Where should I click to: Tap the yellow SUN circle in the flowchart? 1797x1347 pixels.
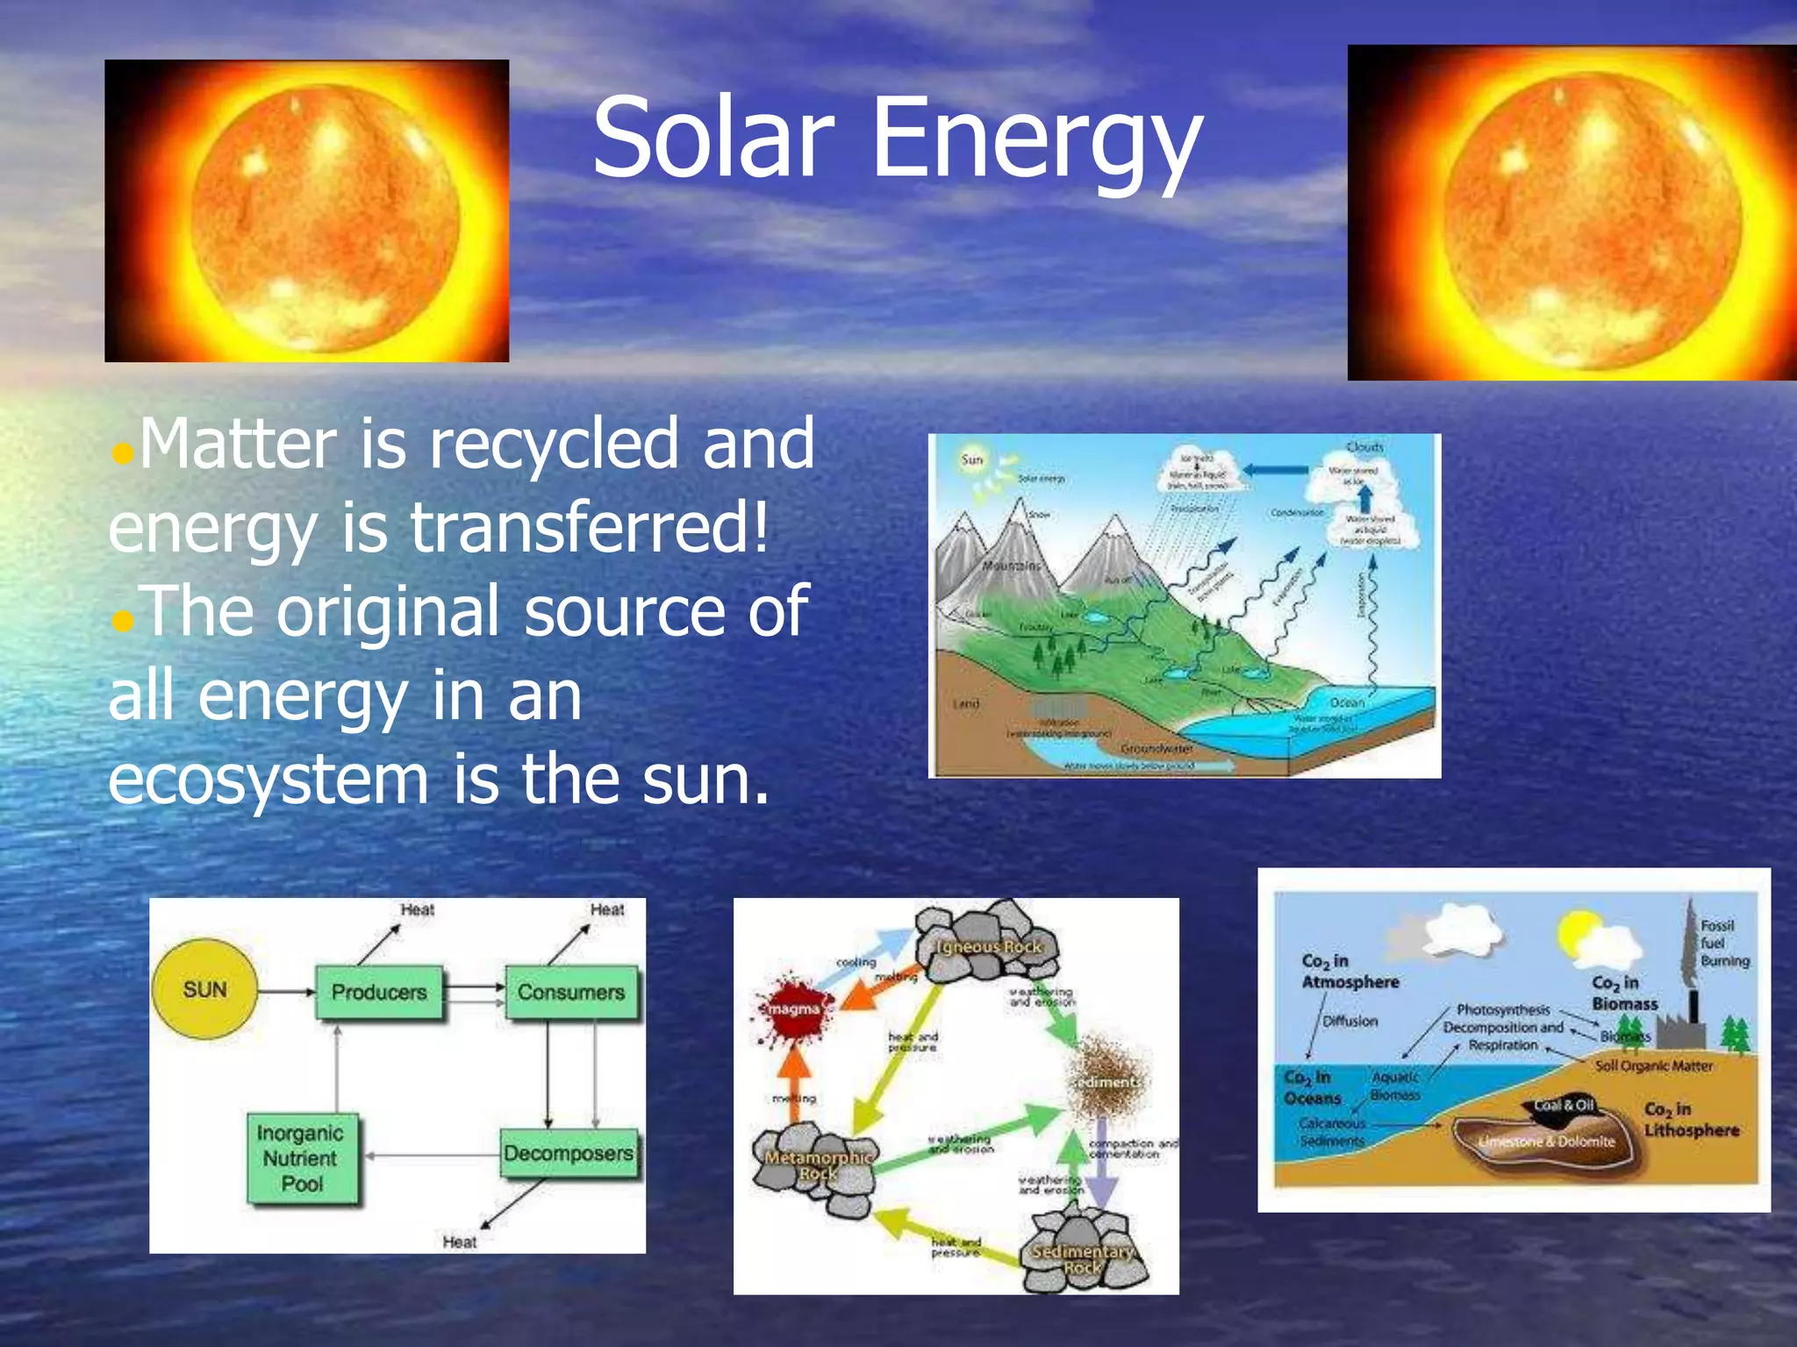[205, 990]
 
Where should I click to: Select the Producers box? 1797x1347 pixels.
[379, 992]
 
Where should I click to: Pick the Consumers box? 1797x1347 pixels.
[571, 992]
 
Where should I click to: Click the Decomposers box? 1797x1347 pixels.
[569, 1152]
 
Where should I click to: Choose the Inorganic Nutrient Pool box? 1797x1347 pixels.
[301, 1158]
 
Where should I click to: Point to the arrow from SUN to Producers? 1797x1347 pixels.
[286, 992]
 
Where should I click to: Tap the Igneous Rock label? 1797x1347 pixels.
[989, 947]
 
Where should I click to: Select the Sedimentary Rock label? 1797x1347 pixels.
[1083, 1259]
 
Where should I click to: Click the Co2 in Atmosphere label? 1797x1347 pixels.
[1349, 972]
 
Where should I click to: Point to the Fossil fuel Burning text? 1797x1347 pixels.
[1723, 943]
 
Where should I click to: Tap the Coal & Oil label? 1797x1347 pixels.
[1564, 1105]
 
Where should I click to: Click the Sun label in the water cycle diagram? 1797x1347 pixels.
[972, 460]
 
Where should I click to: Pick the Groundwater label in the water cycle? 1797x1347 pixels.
[1156, 748]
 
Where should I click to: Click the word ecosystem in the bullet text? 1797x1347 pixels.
[268, 779]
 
